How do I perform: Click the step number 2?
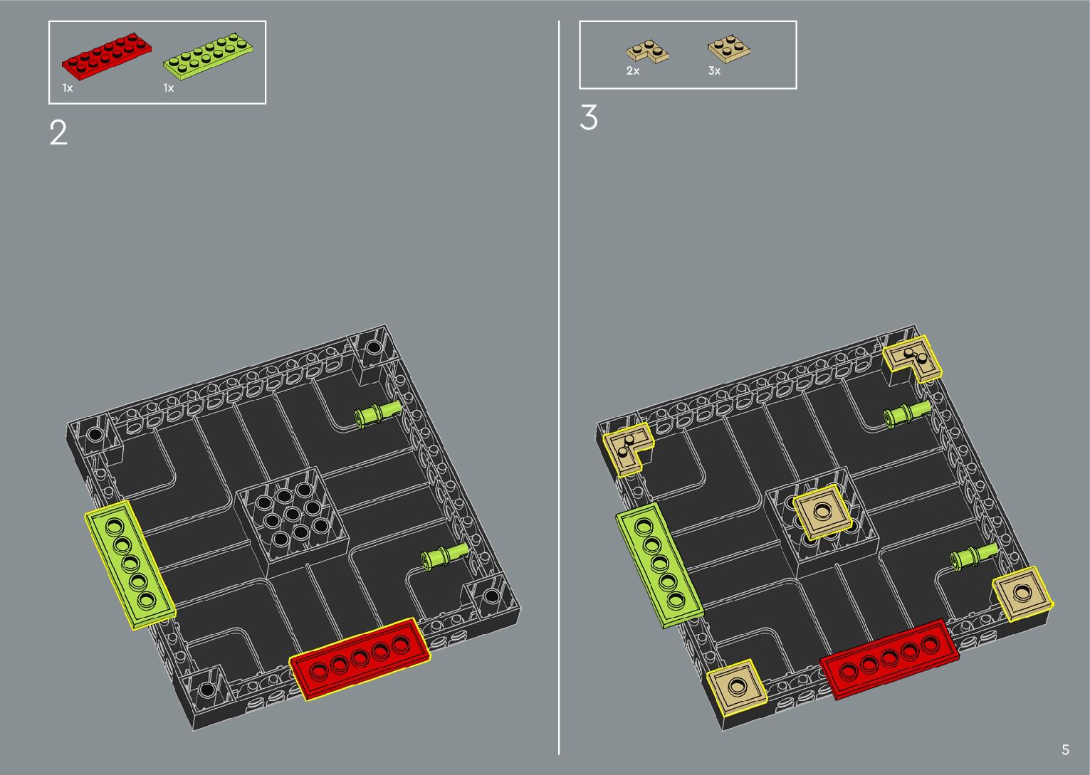pyautogui.click(x=58, y=133)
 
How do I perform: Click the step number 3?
pyautogui.click(x=588, y=117)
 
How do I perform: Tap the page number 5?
pyautogui.click(x=1065, y=749)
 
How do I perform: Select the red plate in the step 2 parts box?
pyautogui.click(x=107, y=56)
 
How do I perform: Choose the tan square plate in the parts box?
pyautogui.click(x=728, y=49)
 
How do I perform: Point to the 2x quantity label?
pyautogui.click(x=633, y=71)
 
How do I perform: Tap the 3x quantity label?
pyautogui.click(x=714, y=71)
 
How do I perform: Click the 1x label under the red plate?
pyautogui.click(x=67, y=88)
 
